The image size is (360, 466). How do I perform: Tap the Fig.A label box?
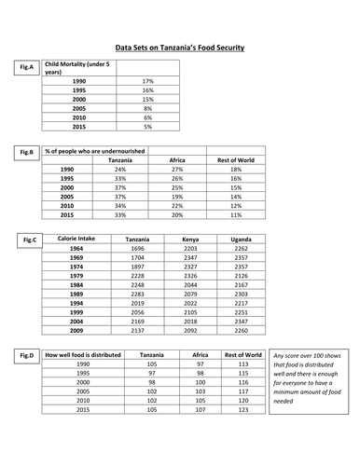pos(26,67)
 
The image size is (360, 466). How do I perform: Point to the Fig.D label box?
pos(28,355)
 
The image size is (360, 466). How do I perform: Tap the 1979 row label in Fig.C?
pos(76,276)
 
